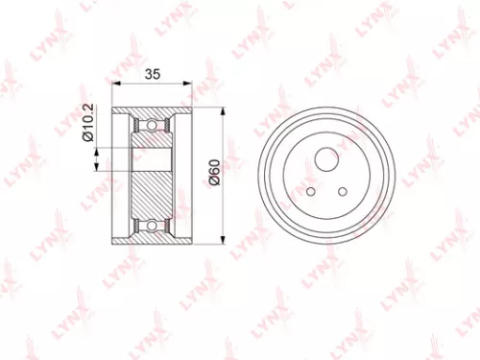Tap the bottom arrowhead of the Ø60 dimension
223,241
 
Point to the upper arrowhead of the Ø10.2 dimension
97,144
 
